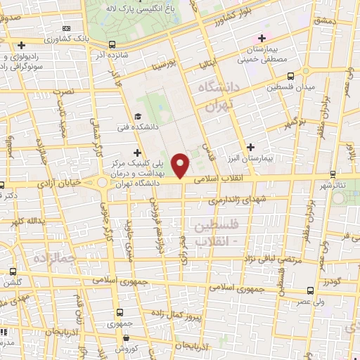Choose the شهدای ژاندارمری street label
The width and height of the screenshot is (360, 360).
click(240, 201)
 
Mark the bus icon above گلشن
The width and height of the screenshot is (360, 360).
click(13, 272)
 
